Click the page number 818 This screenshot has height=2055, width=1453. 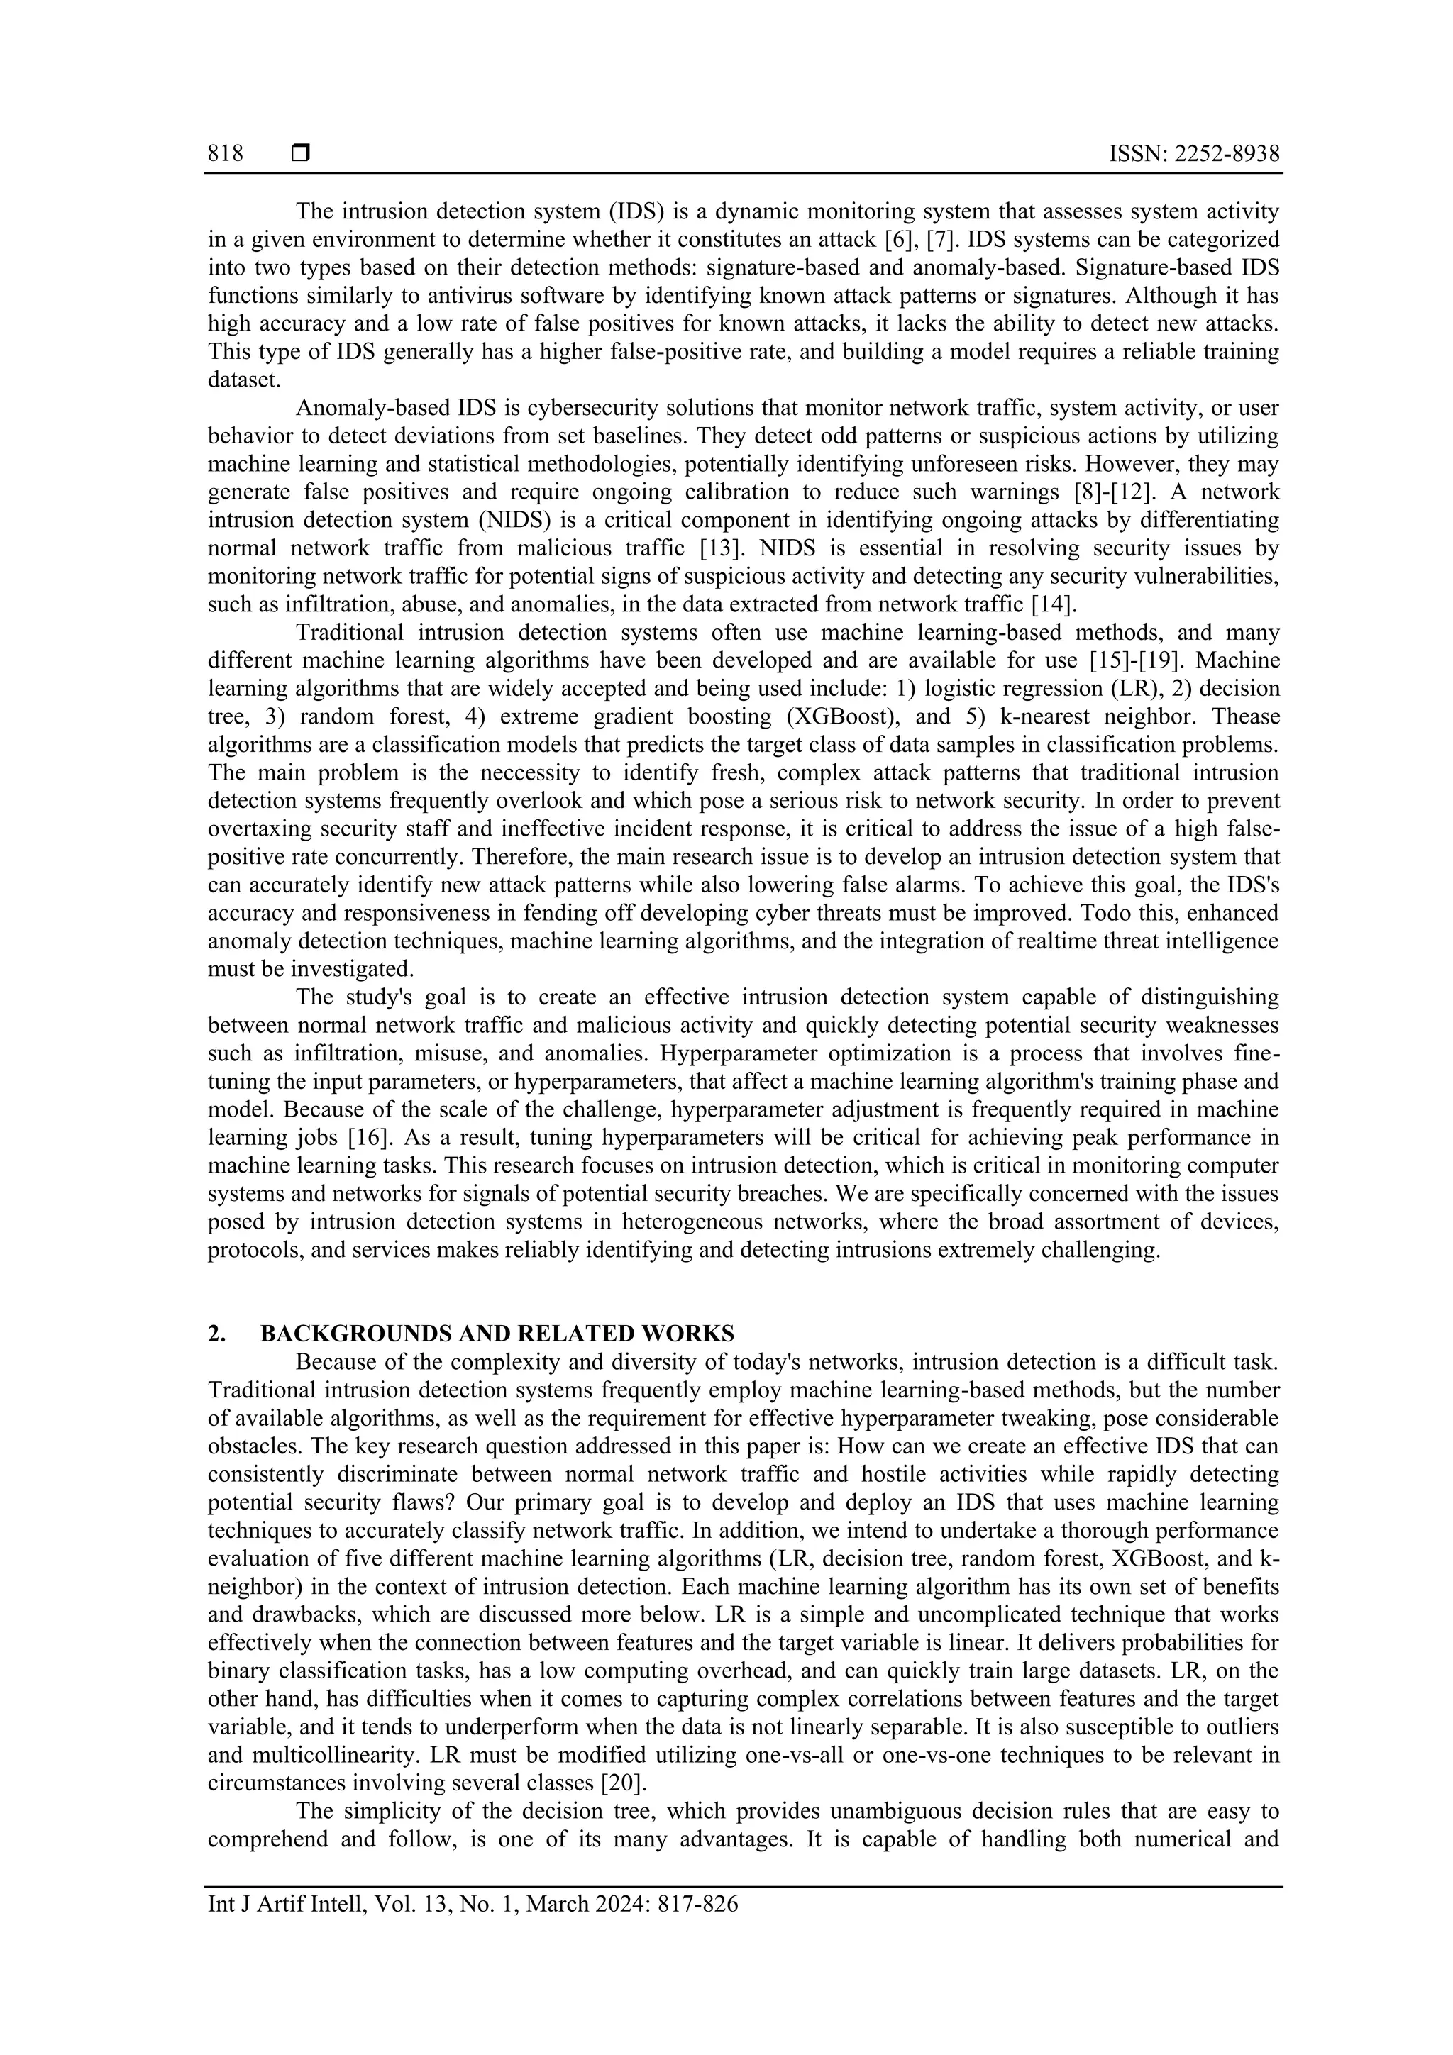226,154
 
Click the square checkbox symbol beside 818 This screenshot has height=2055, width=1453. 301,154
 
